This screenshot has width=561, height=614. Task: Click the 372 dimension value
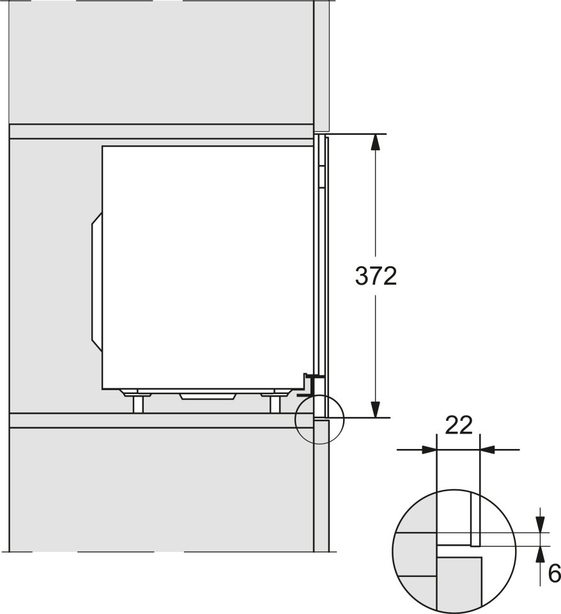376,276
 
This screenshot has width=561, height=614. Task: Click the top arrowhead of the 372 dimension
375,142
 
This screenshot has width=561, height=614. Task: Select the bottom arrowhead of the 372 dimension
375,409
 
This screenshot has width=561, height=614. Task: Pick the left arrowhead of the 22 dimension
429,450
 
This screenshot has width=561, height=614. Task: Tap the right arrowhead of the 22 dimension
487,450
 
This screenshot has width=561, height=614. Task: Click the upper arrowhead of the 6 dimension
541,525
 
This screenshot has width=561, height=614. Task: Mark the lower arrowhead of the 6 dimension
541,554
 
